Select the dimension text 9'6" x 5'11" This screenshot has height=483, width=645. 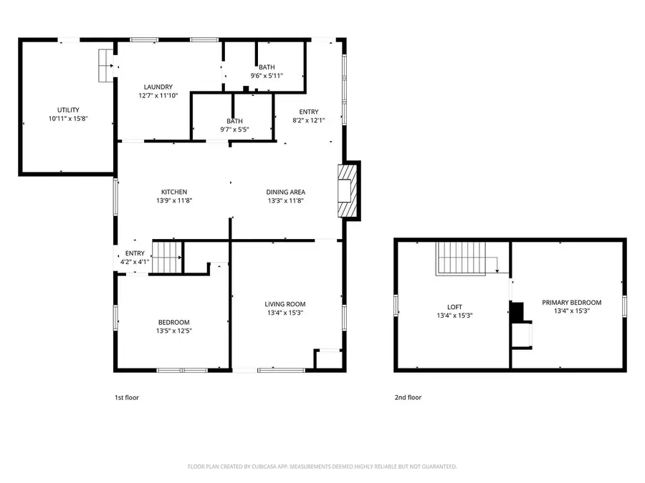pos(267,76)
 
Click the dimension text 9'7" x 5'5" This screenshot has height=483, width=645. pos(235,130)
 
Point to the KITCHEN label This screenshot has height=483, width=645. pos(174,192)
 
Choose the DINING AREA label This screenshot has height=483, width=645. pos(286,192)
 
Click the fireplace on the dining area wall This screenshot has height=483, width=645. pos(348,190)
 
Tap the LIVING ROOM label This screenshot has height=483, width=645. pos(286,303)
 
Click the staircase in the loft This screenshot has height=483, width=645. pos(462,258)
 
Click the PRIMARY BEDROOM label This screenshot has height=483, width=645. pos(571,302)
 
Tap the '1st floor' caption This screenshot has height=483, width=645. pos(127,397)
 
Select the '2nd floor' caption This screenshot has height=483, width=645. pos(408,397)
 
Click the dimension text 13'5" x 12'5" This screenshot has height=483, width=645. pos(174,331)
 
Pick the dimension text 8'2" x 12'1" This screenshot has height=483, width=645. pos(309,120)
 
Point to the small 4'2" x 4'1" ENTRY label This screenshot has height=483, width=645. pos(135,253)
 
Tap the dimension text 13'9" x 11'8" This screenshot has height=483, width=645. pos(174,200)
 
